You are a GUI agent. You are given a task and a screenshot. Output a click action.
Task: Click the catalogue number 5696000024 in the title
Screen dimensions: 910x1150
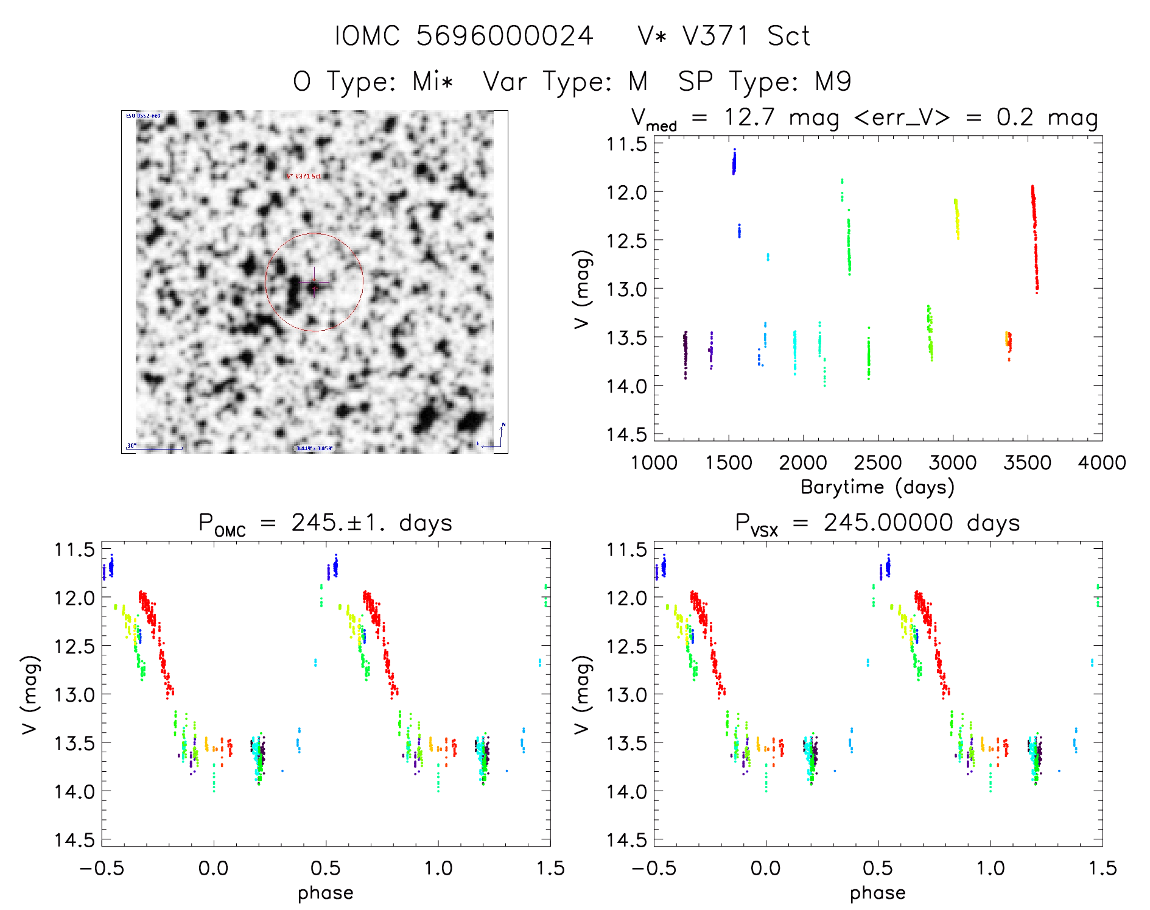click(x=505, y=36)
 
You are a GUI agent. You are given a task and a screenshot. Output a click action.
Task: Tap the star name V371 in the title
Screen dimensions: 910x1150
click(x=716, y=36)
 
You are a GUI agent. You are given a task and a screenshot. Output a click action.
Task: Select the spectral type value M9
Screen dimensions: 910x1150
click(x=833, y=81)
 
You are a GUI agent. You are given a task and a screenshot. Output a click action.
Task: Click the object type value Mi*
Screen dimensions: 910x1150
click(x=433, y=81)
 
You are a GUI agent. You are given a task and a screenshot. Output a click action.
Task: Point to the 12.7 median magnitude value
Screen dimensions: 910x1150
click(x=749, y=117)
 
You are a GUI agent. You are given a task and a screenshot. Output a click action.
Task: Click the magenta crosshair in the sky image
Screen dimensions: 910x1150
click(x=314, y=283)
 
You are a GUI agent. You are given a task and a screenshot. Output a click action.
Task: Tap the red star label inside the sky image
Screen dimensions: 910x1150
click(x=304, y=176)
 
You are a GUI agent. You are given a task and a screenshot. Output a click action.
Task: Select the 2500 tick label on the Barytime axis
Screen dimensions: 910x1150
click(x=878, y=463)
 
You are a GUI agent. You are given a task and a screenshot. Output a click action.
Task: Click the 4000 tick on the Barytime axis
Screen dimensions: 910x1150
click(x=1102, y=463)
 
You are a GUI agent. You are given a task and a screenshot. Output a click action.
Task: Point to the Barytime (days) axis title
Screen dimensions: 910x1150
click(x=877, y=487)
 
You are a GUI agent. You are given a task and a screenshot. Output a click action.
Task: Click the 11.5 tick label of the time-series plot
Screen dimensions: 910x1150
click(x=626, y=144)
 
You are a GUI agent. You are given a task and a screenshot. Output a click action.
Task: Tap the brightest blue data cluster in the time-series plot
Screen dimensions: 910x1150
click(x=734, y=162)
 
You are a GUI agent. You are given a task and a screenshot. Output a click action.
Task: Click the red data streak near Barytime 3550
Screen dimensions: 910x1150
click(x=1035, y=238)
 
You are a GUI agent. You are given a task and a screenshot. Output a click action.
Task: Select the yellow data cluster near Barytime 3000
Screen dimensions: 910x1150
click(x=956, y=218)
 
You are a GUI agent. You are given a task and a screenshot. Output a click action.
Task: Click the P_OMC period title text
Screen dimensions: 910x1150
click(x=325, y=523)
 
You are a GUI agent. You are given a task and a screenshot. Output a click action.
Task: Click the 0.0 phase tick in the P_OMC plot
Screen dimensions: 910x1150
click(x=214, y=868)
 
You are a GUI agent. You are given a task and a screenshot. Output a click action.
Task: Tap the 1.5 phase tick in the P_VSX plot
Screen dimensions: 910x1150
click(x=1102, y=868)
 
